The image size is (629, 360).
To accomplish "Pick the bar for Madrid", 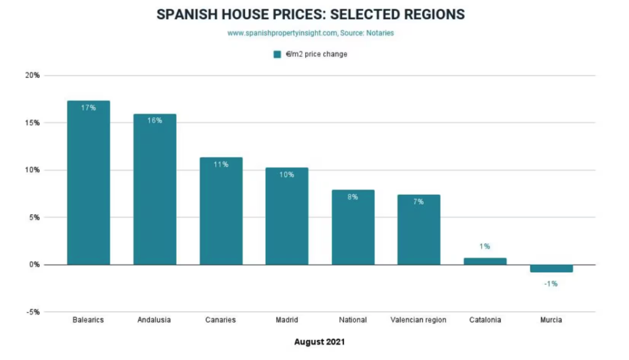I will pyautogui.click(x=287, y=216).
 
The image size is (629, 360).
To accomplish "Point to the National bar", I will pyautogui.click(x=353, y=227).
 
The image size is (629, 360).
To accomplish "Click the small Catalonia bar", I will pyautogui.click(x=485, y=261).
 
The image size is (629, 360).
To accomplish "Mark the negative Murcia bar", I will pyautogui.click(x=551, y=268).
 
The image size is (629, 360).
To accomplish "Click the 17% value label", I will pyautogui.click(x=88, y=108).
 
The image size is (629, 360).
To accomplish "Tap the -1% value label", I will pyautogui.click(x=551, y=283).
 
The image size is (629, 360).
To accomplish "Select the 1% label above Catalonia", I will pyautogui.click(x=485, y=246).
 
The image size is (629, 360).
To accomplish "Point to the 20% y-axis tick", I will pyautogui.click(x=33, y=76).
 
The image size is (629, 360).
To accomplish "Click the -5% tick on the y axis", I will pyautogui.click(x=33, y=312).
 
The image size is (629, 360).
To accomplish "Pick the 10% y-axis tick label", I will pyautogui.click(x=33, y=170).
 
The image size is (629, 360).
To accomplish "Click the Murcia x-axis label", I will pyautogui.click(x=551, y=320).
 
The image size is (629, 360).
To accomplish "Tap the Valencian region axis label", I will pyautogui.click(x=418, y=320).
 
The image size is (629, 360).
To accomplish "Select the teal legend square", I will pyautogui.click(x=277, y=54).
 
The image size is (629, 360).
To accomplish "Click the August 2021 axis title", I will pyautogui.click(x=319, y=341).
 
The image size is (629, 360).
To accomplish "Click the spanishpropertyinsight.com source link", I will pyautogui.click(x=283, y=33).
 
